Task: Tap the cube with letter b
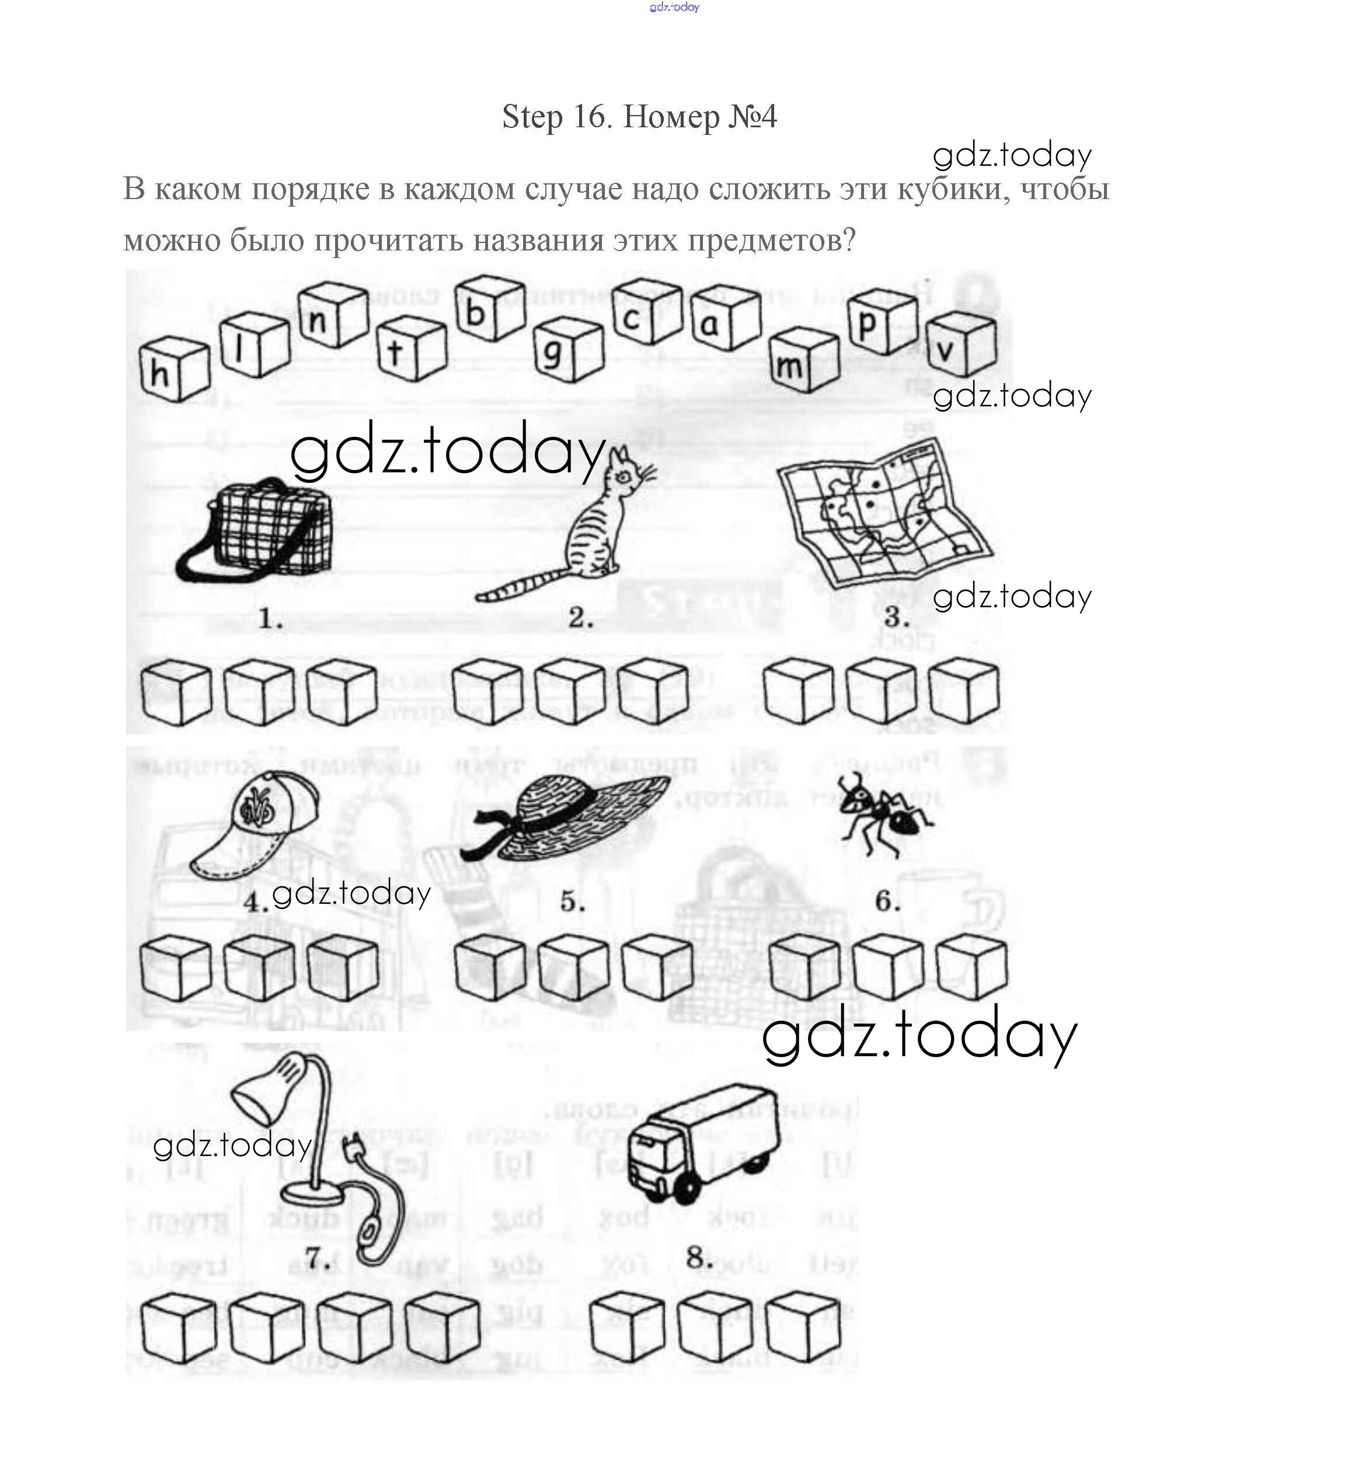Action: (x=488, y=309)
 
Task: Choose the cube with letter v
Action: (x=960, y=344)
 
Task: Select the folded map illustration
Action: (x=883, y=511)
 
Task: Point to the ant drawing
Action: (x=883, y=813)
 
